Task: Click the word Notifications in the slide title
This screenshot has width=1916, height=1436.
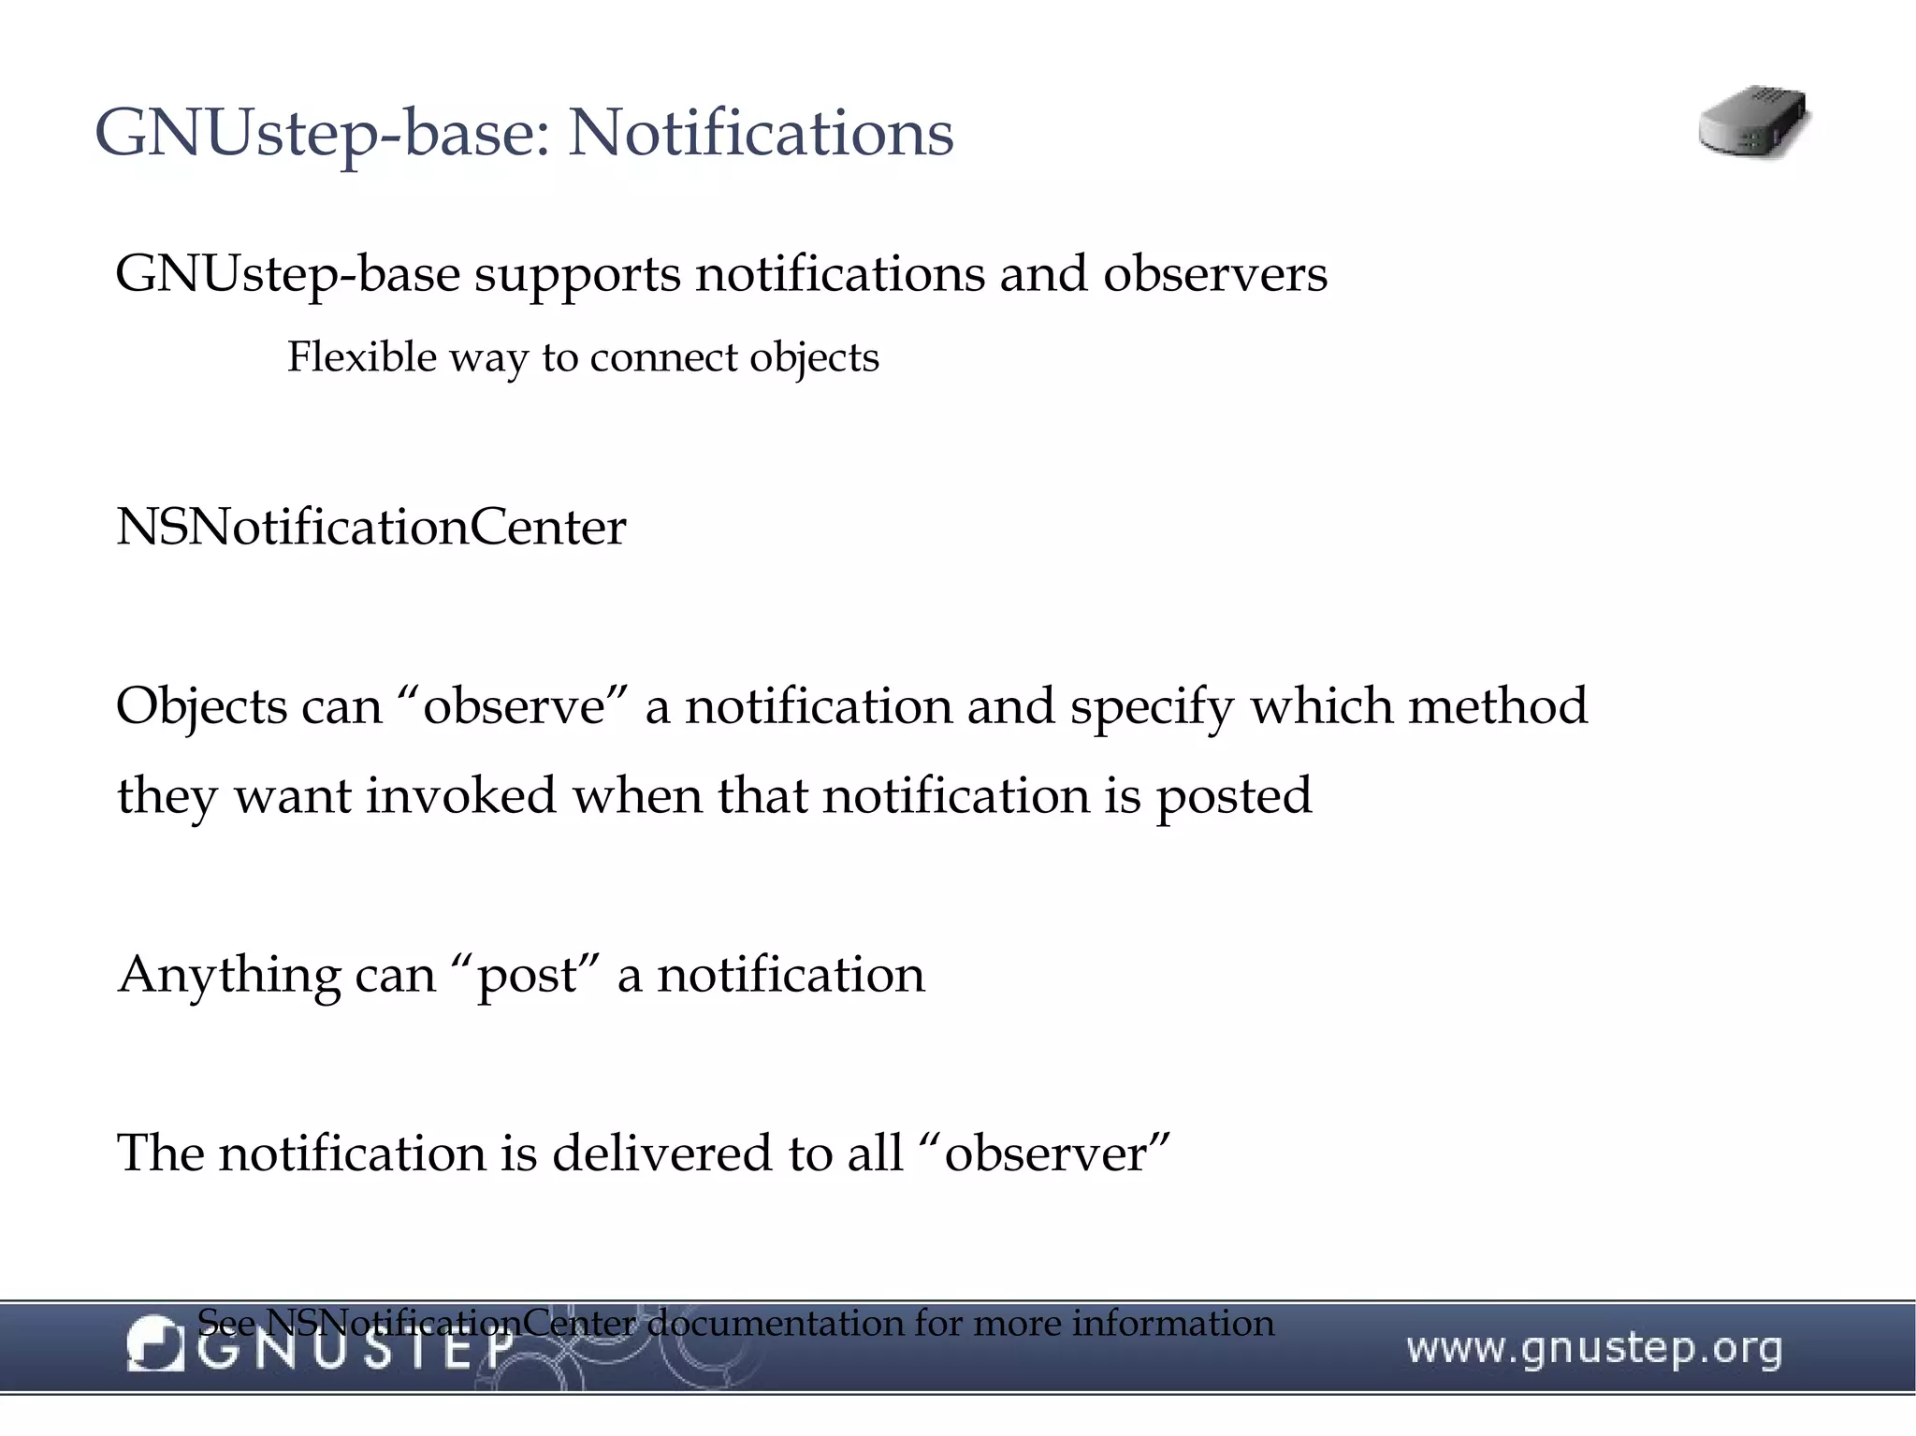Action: pyautogui.click(x=761, y=133)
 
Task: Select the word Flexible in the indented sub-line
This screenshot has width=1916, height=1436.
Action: pyautogui.click(x=361, y=357)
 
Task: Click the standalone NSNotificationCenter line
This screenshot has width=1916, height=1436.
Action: pyautogui.click(x=370, y=528)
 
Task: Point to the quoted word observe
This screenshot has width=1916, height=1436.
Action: pyautogui.click(x=514, y=706)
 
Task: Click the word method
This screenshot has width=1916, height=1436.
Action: pyautogui.click(x=1497, y=706)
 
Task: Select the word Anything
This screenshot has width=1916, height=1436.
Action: pyautogui.click(x=227, y=976)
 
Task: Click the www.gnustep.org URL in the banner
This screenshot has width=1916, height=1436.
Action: pyautogui.click(x=1593, y=1349)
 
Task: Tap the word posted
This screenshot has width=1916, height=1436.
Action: pyautogui.click(x=1233, y=796)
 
